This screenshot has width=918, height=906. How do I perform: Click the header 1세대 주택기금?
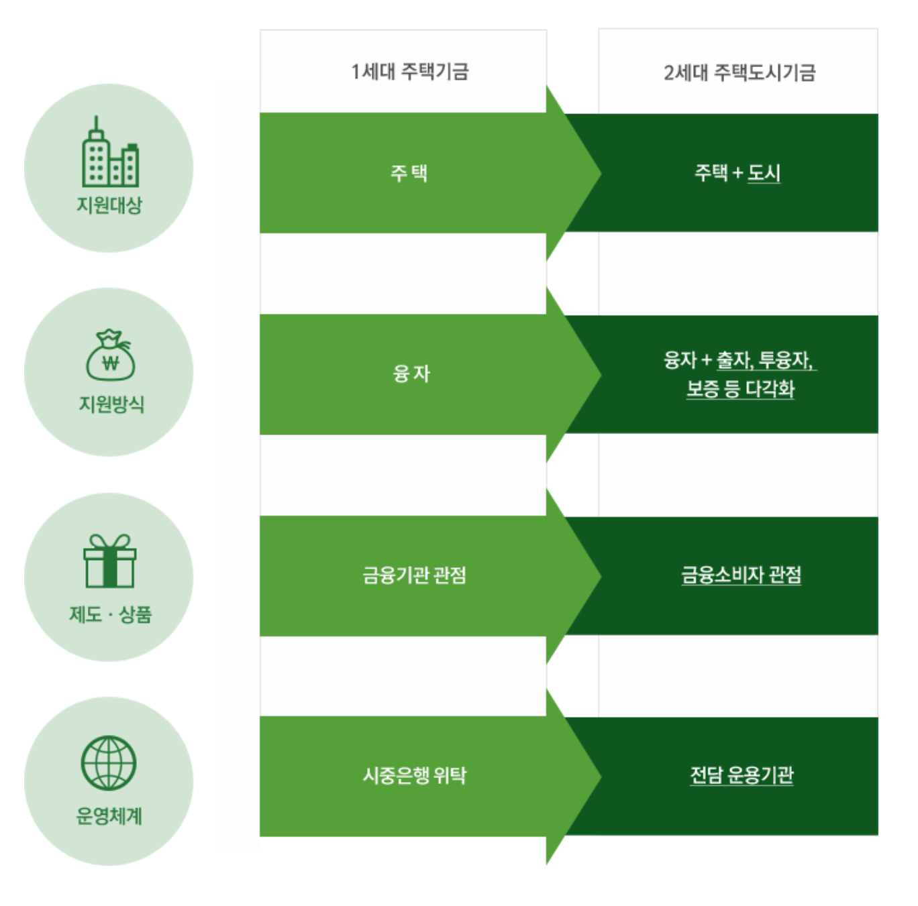(409, 71)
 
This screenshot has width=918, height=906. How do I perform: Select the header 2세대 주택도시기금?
(739, 72)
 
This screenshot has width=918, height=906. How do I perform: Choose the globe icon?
(109, 763)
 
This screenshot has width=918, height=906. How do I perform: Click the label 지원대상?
(109, 205)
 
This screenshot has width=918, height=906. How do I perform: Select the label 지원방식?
(111, 404)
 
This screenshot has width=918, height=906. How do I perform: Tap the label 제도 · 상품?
(110, 614)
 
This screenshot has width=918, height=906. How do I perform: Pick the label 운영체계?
(109, 815)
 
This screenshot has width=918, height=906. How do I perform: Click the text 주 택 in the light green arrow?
(409, 173)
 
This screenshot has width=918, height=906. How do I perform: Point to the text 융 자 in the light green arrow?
(411, 373)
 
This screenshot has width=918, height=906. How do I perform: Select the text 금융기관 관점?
(414, 575)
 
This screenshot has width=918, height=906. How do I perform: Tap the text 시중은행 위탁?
(414, 775)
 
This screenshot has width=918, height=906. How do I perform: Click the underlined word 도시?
(764, 173)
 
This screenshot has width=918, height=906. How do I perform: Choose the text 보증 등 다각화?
(740, 389)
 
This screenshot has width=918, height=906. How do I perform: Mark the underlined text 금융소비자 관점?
(741, 575)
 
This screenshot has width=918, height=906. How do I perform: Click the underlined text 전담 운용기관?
(742, 775)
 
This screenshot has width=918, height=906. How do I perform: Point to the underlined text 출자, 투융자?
(766, 360)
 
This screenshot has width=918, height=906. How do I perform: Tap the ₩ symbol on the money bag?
(111, 363)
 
